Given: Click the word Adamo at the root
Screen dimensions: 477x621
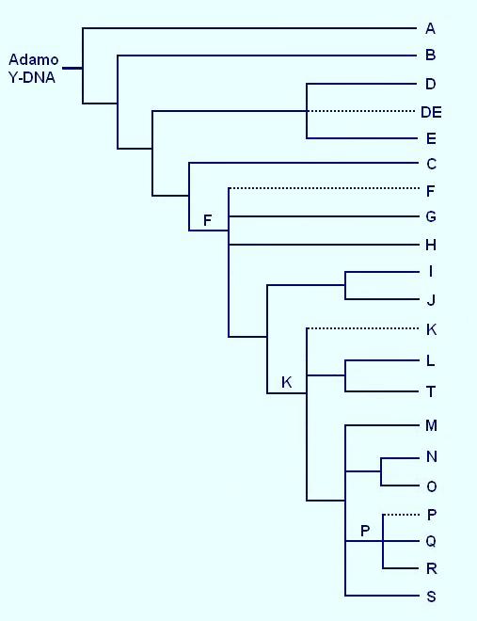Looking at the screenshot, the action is [33, 59].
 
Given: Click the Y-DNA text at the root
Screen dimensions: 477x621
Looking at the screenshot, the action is [32, 77].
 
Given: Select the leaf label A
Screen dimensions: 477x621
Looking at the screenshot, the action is [430, 28].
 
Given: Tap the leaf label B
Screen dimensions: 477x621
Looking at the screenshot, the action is [430, 55].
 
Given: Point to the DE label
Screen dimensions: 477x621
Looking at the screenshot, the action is [431, 113].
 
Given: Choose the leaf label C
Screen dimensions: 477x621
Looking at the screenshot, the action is [431, 164].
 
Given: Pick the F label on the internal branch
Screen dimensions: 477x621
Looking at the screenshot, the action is [207, 220].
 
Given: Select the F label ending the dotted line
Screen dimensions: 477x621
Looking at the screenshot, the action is [431, 191].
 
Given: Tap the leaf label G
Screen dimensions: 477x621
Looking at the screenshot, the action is [431, 216].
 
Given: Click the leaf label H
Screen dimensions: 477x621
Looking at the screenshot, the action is [431, 246].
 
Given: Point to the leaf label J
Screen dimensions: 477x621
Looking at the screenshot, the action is [431, 300].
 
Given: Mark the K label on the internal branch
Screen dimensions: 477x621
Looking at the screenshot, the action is [287, 382].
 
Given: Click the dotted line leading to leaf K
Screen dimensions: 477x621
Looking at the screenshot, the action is [362, 328].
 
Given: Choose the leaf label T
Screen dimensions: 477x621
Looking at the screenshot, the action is [431, 391].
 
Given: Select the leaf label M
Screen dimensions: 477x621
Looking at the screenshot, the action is [431, 425].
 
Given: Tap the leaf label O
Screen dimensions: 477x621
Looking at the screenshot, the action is [432, 486].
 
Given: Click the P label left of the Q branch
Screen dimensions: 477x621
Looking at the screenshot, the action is [365, 531].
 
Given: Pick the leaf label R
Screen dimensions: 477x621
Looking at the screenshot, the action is [432, 568].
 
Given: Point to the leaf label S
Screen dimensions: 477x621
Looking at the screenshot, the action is [432, 597].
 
